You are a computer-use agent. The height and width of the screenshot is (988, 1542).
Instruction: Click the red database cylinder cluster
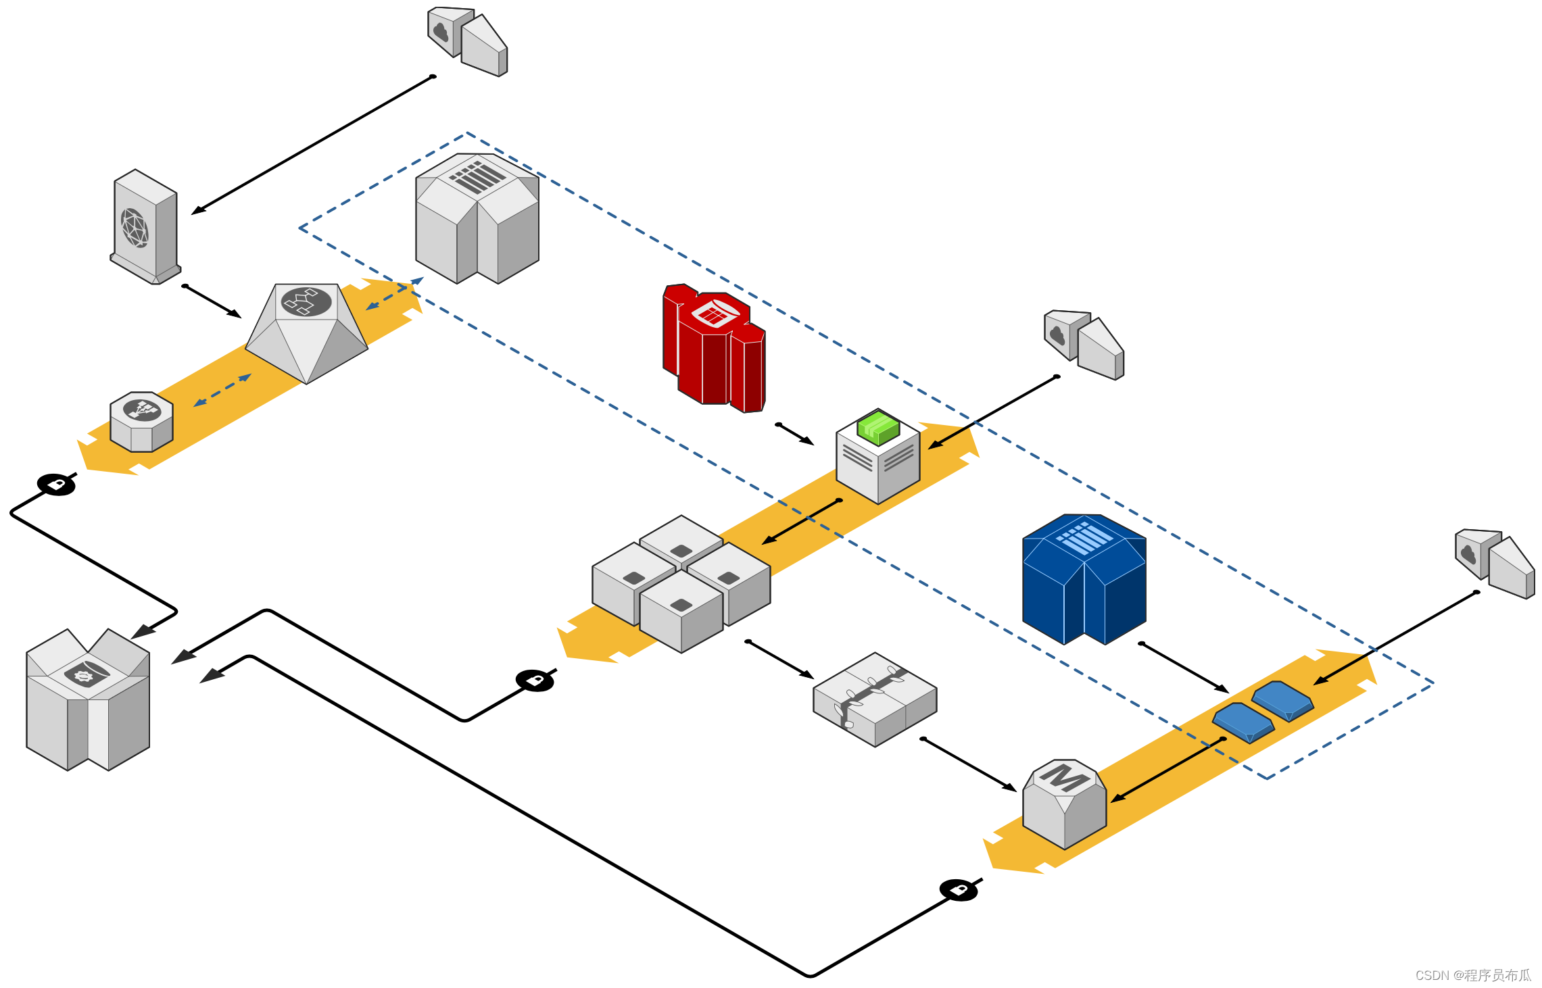pos(714,348)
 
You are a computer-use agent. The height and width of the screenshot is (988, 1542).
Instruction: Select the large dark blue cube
pos(1084,579)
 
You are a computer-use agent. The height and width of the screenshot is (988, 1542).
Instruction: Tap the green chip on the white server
pos(878,427)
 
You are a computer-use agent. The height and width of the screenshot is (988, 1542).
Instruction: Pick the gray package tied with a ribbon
pos(875,699)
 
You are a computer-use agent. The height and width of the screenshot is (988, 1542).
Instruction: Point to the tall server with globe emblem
pos(145,226)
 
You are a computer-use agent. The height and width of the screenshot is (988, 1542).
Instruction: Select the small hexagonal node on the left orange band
pos(141,421)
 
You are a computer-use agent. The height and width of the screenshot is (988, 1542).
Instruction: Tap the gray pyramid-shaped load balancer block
pos(306,331)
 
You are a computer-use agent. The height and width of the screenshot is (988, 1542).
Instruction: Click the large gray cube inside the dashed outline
pos(477,218)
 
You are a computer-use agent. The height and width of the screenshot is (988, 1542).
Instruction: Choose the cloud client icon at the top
pos(468,41)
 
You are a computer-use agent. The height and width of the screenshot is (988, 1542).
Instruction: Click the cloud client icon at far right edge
pos(1495,562)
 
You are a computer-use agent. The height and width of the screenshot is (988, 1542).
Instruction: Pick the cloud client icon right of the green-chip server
pos(1084,344)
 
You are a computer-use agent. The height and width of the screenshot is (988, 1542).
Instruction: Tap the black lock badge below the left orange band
pos(56,485)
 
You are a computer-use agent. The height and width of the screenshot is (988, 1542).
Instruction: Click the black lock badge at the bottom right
pos(959,890)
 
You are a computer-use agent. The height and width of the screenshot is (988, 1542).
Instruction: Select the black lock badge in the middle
pos(535,681)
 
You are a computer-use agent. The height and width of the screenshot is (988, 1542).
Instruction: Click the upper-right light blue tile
pos(1282,700)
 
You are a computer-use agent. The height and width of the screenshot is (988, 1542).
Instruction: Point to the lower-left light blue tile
pos(1243,722)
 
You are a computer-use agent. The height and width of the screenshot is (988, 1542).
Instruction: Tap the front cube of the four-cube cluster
pos(681,612)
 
